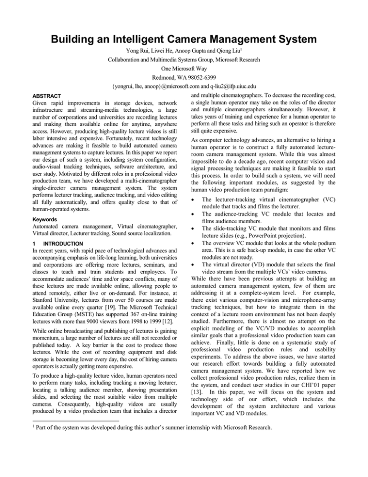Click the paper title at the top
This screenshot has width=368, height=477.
pyautogui.click(x=184, y=12)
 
